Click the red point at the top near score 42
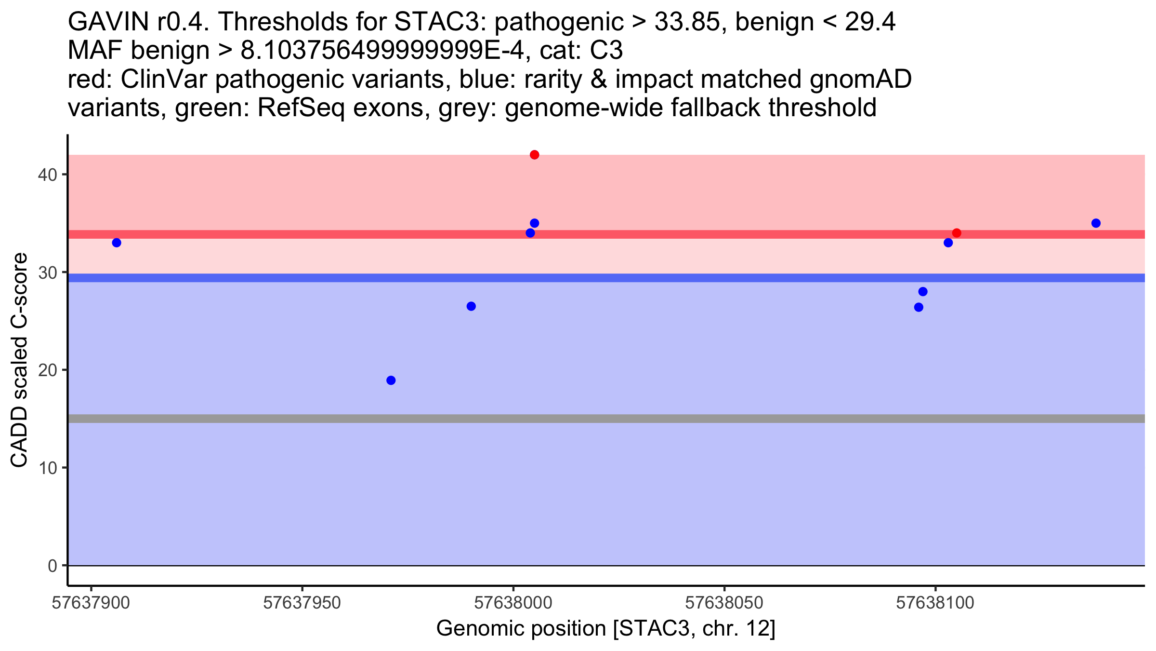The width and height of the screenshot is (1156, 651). click(534, 155)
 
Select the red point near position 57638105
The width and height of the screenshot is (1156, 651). click(957, 233)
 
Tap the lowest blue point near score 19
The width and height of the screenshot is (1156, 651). click(391, 380)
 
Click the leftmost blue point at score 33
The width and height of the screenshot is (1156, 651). click(117, 243)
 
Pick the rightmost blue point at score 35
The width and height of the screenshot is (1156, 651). click(1096, 223)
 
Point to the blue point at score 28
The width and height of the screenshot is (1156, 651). click(923, 292)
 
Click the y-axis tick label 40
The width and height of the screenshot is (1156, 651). click(47, 175)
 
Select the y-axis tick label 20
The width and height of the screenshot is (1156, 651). click(47, 370)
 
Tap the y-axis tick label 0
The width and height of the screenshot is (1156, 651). click(53, 566)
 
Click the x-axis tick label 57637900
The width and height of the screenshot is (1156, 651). click(91, 603)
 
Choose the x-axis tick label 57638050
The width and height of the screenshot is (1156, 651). click(724, 603)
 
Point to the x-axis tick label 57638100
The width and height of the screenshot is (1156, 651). click(935, 603)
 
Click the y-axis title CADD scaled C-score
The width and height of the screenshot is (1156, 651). click(19, 360)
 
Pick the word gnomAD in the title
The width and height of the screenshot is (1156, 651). click(860, 79)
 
